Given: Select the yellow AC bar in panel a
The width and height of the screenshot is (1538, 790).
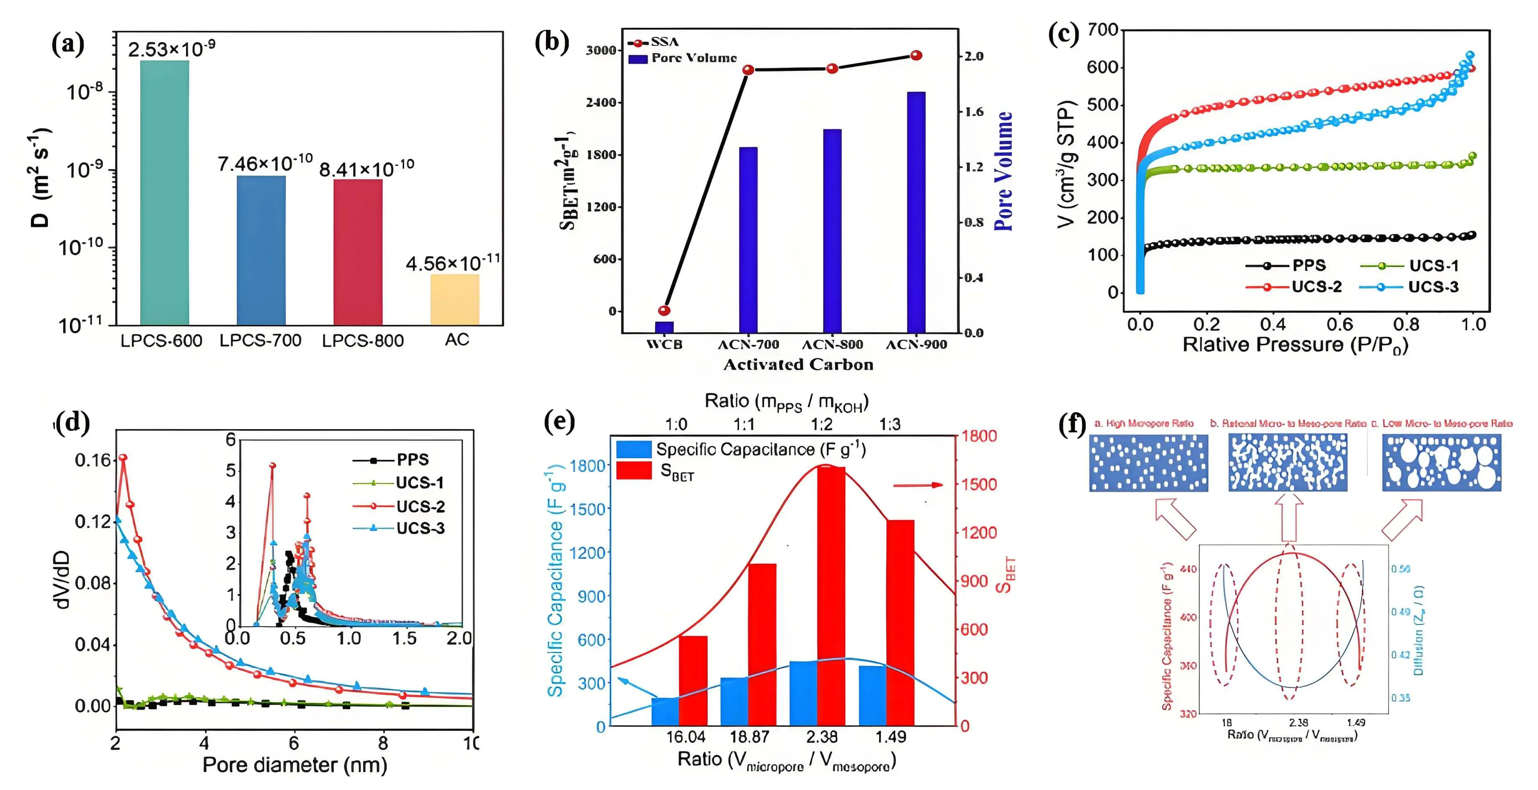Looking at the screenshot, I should point(454,299).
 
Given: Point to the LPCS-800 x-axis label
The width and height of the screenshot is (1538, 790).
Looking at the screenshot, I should point(362,341).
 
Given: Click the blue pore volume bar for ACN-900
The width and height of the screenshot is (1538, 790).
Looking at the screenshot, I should point(916,212).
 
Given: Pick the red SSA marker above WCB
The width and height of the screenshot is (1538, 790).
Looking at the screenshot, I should point(664,310).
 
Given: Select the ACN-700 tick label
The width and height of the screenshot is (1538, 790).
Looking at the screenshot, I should point(748,344).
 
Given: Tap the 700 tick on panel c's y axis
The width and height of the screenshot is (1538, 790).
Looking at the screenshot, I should point(1102,30).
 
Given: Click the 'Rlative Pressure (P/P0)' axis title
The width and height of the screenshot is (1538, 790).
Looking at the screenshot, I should point(1295,345).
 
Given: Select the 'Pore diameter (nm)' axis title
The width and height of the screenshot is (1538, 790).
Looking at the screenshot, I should point(294,764).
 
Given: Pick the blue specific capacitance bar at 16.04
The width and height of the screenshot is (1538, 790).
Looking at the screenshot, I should point(665,711).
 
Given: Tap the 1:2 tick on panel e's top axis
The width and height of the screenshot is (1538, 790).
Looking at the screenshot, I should point(821,424).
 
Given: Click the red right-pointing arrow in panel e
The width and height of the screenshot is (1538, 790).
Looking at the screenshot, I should point(918,485).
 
